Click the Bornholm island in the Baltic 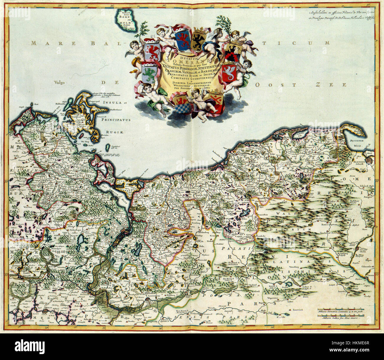pyautogui.click(x=126, y=20)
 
